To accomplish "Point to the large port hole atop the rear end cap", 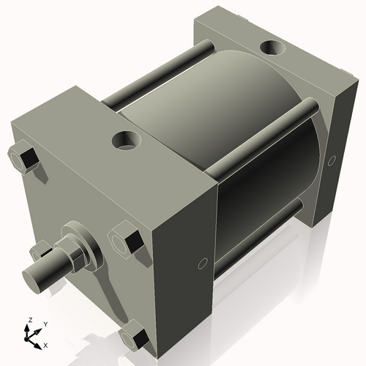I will click(x=274, y=48).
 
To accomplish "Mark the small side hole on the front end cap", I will click(x=202, y=263).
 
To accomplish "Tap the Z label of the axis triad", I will click(x=30, y=320).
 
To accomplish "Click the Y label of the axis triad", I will click(x=45, y=324).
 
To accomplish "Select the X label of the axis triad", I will click(x=45, y=344).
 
